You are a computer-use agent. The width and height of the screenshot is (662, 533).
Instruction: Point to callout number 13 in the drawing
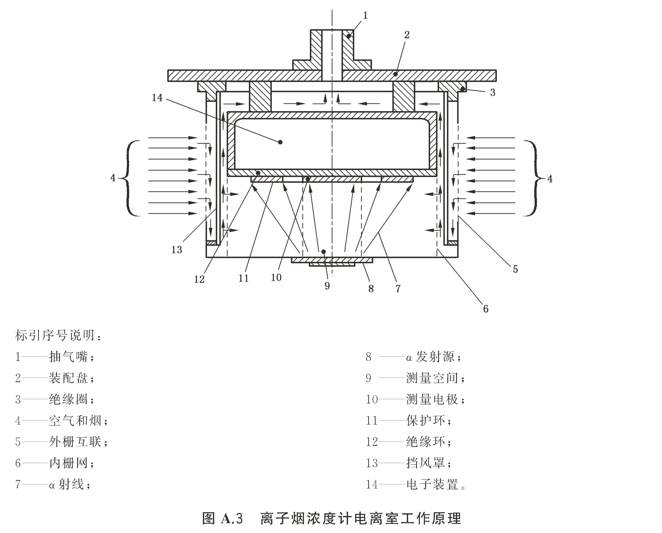177,250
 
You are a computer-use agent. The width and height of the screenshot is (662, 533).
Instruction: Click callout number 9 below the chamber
327,286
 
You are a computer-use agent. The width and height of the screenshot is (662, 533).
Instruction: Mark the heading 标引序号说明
55,335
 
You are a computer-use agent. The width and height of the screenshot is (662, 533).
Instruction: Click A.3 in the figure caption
232,519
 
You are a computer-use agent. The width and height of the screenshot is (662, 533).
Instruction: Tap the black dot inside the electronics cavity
280,142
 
